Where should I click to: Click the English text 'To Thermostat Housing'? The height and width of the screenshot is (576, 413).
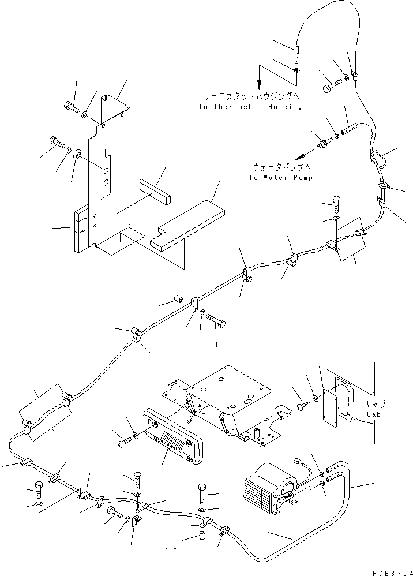(x=250, y=107)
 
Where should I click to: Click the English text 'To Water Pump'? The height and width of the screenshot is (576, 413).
(x=280, y=178)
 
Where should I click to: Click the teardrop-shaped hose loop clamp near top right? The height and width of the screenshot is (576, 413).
(x=376, y=158)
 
